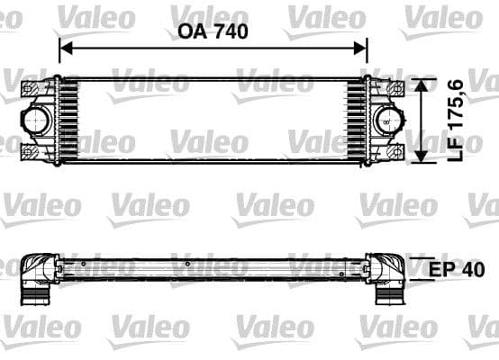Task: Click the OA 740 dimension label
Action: (x=213, y=30)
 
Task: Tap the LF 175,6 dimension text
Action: (x=457, y=120)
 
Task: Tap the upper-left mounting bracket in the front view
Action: (x=33, y=87)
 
